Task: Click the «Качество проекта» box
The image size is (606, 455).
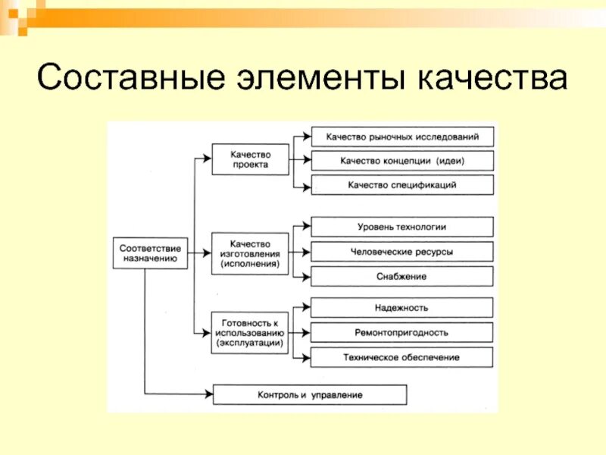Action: coord(250,159)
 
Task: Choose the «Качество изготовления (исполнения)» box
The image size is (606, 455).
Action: coord(250,253)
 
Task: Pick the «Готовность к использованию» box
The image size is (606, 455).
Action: coord(250,332)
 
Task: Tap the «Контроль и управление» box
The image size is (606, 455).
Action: coord(310,394)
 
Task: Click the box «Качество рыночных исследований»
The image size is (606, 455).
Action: coord(402,136)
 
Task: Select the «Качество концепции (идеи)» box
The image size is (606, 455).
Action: coord(402,161)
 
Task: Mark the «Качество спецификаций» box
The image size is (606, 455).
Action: coord(402,184)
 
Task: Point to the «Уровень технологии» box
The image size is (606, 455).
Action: coord(402,227)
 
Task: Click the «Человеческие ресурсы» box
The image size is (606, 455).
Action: coord(402,252)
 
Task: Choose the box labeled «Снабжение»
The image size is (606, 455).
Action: coord(402,276)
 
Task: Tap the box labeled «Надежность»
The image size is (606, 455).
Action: coord(402,307)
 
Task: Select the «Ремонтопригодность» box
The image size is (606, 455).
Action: coord(402,332)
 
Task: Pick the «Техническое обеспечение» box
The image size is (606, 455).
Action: coord(402,356)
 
